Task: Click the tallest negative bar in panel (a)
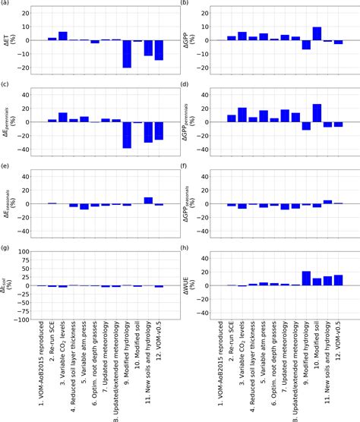[127, 54]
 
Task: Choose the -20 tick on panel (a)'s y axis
[29, 68]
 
